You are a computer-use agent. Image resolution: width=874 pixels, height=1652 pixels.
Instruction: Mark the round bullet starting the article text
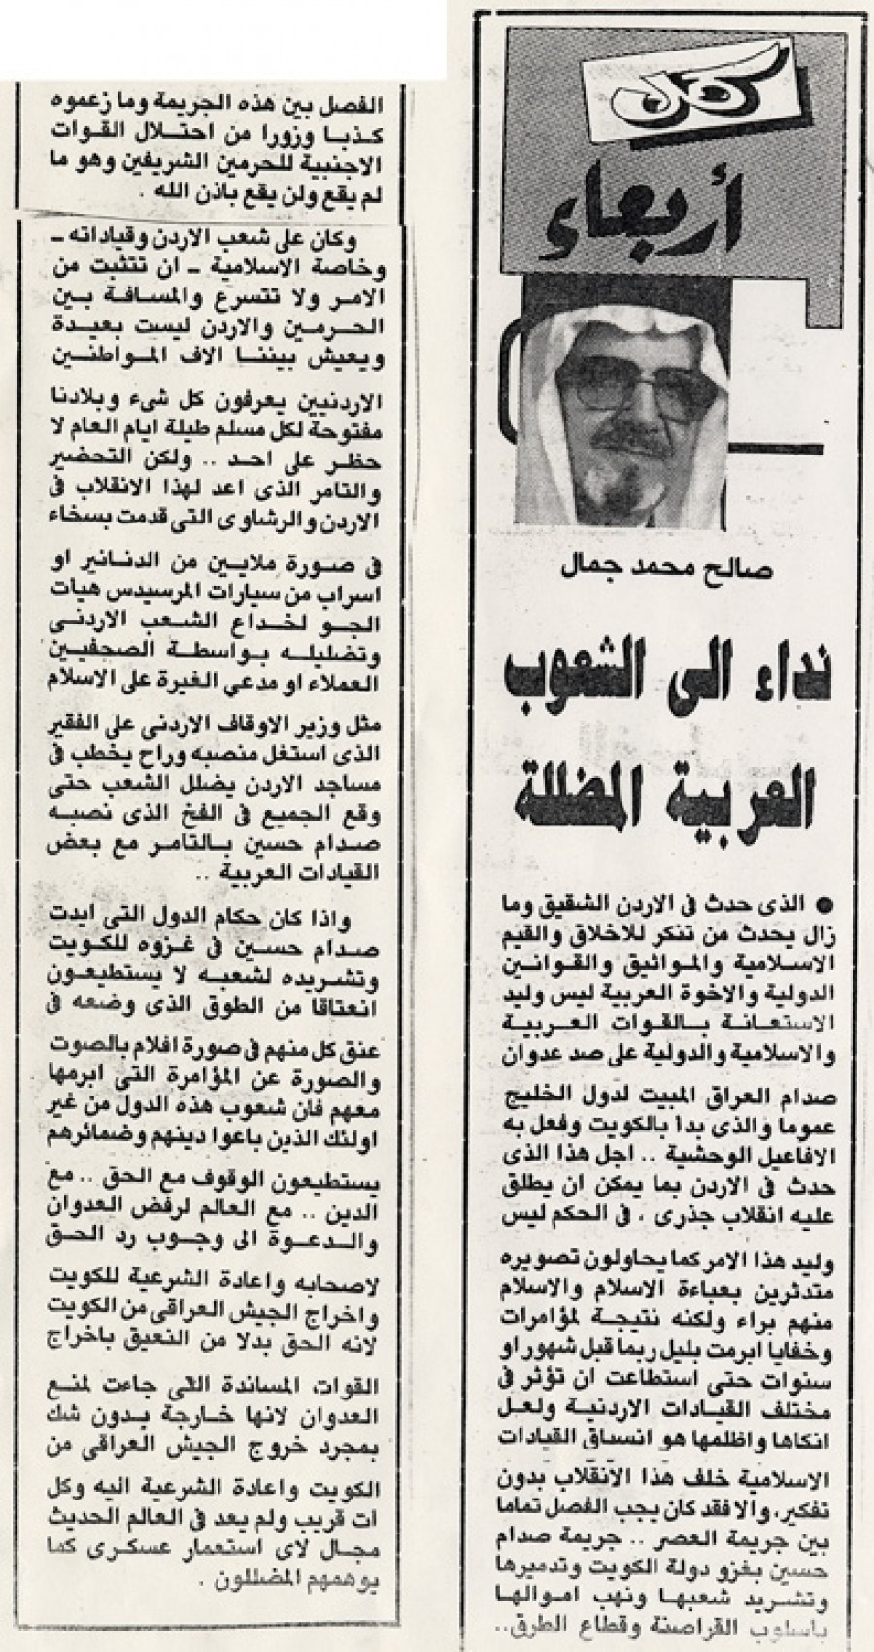(826, 905)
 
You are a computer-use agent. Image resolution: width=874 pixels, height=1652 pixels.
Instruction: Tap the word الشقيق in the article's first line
(630, 905)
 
